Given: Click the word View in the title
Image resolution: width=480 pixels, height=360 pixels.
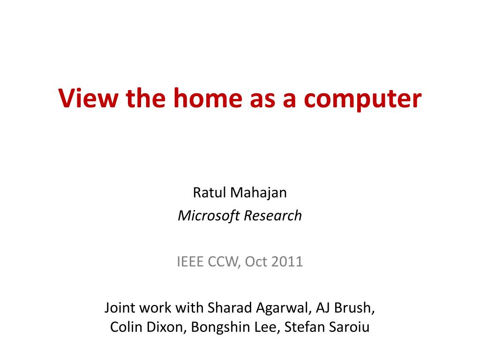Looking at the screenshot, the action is (x=88, y=98).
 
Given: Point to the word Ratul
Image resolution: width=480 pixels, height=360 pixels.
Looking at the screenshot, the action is (x=210, y=193).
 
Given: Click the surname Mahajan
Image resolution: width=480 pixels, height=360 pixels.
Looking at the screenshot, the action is (x=258, y=193).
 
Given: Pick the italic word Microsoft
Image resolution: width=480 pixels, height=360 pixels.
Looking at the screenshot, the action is (x=209, y=216).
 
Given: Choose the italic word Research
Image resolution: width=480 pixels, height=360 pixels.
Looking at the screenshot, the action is (x=273, y=216).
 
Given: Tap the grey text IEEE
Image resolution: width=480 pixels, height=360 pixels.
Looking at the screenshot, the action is (x=190, y=262).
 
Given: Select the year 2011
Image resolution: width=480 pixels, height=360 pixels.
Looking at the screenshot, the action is (x=287, y=262).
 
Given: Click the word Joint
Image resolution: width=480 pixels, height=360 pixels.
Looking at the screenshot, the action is (x=120, y=307).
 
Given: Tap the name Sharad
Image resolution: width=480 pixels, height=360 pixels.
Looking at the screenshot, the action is (x=230, y=307).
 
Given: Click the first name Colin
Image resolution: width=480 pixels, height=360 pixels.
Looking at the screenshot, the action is (x=124, y=327).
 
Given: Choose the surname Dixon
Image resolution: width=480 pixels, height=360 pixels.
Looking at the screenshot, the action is (x=164, y=327).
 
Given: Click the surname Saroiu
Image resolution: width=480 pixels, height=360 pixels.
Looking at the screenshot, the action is (x=349, y=327).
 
